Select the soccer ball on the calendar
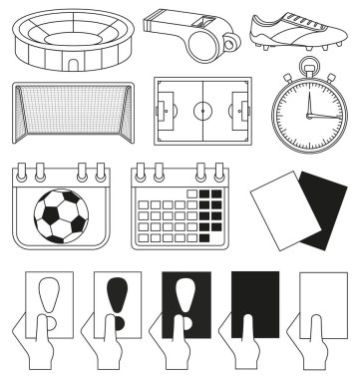[62, 216]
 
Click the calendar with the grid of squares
[180, 206]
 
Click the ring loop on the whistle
[230, 43]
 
